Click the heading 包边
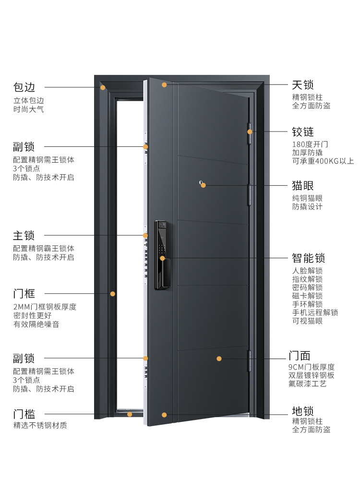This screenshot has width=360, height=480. pyautogui.click(x=24, y=87)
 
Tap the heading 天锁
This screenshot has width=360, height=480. pyautogui.click(x=303, y=85)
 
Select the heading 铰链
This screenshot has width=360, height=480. pyautogui.click(x=303, y=131)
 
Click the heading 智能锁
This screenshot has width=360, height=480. pyautogui.click(x=309, y=258)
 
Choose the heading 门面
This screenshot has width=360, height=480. pyautogui.click(x=300, y=356)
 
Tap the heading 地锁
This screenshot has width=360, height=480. pyautogui.click(x=303, y=411)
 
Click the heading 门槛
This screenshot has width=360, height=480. pyautogui.click(x=24, y=413)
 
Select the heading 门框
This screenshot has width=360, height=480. pyautogui.click(x=24, y=293)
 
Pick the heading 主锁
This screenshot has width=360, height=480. pyautogui.click(x=24, y=235)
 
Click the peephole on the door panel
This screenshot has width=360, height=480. pyautogui.click(x=202, y=183)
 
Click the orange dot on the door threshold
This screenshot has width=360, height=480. pyautogui.click(x=130, y=414)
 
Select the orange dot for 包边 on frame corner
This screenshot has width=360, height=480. pyautogui.click(x=103, y=87)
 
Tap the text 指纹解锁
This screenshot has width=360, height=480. pyautogui.click(x=307, y=279)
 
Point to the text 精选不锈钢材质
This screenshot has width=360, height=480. pyautogui.click(x=40, y=425)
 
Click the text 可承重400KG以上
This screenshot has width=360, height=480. pyautogui.click(x=323, y=161)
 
